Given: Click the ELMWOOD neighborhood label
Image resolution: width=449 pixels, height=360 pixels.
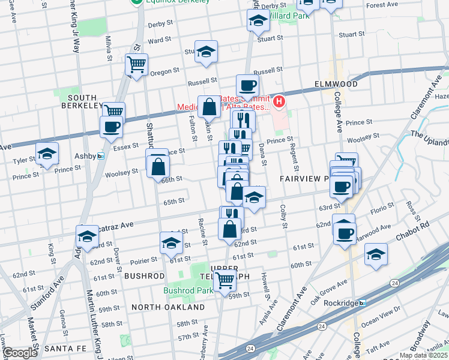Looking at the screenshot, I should click(x=335, y=84).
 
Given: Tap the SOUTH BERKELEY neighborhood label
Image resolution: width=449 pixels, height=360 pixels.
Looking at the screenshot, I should click(x=83, y=101).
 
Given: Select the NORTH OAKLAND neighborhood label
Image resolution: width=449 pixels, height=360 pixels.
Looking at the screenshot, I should click(x=168, y=307).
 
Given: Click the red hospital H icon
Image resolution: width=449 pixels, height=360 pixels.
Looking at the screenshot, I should click(x=279, y=102).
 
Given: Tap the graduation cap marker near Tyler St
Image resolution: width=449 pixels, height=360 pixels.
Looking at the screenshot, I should click(x=47, y=153).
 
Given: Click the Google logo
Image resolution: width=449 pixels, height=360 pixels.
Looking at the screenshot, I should click(x=19, y=353).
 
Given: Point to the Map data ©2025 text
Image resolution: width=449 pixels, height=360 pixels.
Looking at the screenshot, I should click(x=423, y=355).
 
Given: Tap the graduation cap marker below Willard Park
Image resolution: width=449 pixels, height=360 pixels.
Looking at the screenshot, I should click(x=258, y=20).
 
